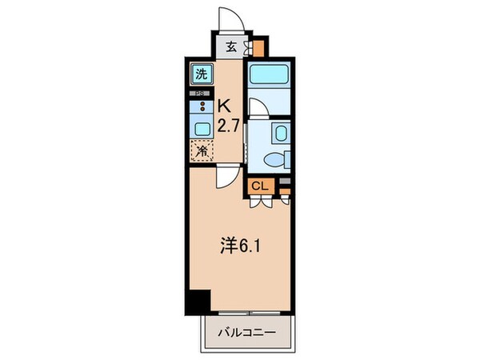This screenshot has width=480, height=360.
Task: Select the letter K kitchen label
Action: (x=227, y=106)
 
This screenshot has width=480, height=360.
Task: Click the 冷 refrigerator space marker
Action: (x=201, y=150)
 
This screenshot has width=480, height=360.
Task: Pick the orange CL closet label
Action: (x=260, y=186)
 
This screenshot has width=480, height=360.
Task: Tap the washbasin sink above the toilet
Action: (x=279, y=133)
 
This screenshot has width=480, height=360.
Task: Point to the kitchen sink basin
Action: (x=201, y=127)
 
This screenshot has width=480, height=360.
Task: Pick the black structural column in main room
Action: (x=197, y=302)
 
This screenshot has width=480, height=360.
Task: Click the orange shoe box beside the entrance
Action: (x=257, y=46)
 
